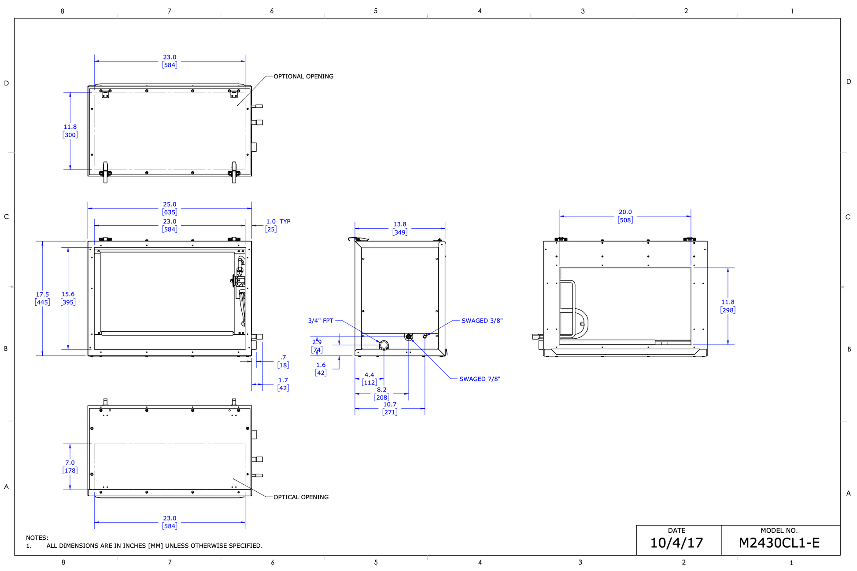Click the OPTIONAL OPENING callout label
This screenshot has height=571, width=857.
(x=303, y=77)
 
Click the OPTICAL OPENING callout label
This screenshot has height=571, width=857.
(x=301, y=497)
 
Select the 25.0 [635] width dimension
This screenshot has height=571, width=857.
(x=170, y=208)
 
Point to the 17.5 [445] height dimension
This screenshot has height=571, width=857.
(x=42, y=298)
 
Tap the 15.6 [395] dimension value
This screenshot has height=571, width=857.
(x=68, y=298)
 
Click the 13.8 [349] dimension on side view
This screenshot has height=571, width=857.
(x=400, y=228)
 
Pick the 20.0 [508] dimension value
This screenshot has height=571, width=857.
(x=625, y=216)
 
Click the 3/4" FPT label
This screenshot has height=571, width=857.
(x=321, y=321)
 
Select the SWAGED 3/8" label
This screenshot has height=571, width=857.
(x=482, y=321)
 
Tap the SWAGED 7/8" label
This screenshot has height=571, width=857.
(x=480, y=379)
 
